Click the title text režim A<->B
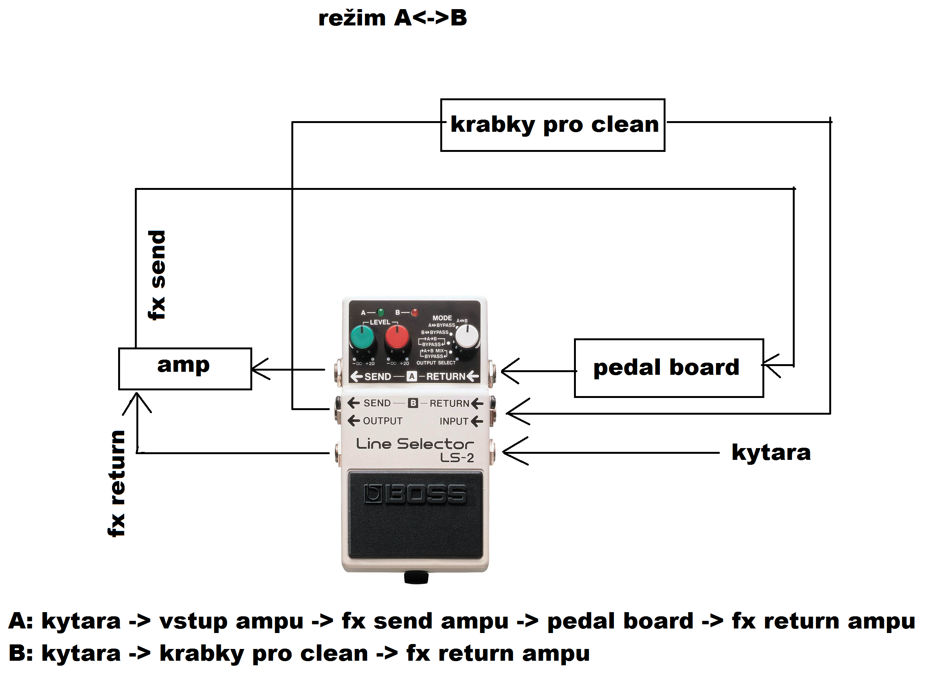tap(392, 19)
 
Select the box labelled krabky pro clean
tap(552, 125)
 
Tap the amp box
tap(185, 369)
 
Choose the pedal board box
tap(669, 368)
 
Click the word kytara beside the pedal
tap(771, 453)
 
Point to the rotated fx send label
tap(157, 275)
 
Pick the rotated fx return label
tap(117, 483)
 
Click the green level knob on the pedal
tap(362, 338)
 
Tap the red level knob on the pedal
tap(397, 338)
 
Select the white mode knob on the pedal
tap(467, 337)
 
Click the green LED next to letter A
tap(381, 312)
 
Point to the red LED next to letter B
tap(414, 312)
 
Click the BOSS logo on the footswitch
tap(415, 494)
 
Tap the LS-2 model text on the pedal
tap(457, 458)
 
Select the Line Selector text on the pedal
tap(414, 444)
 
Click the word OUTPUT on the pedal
tap(382, 421)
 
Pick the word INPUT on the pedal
tap(454, 421)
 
